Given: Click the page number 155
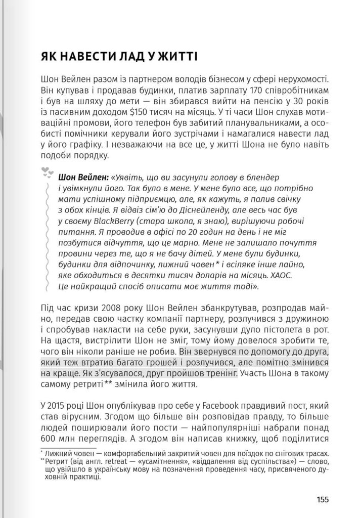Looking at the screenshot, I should tap(322, 499).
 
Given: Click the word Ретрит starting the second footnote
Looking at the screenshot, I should tap(56, 461).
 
